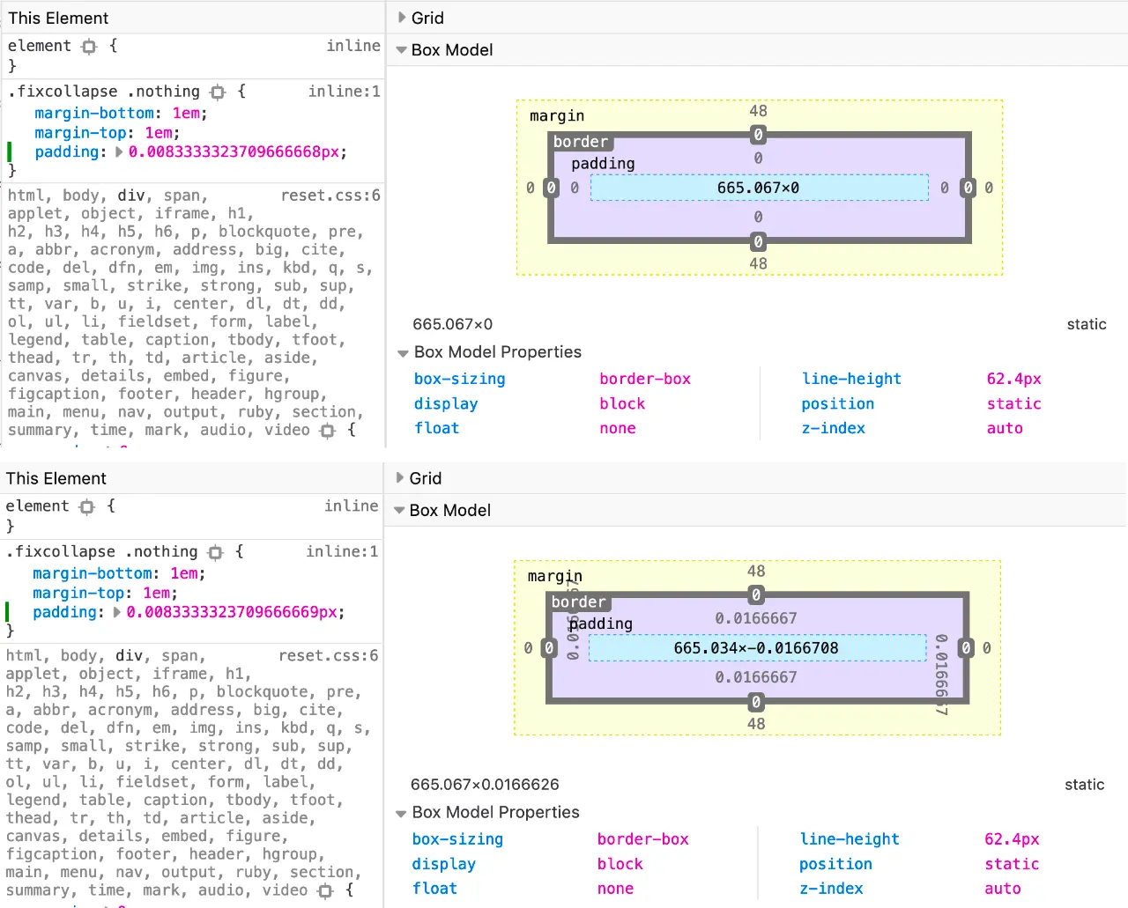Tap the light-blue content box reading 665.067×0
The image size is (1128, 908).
pos(759,188)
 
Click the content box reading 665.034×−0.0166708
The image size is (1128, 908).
pos(756,648)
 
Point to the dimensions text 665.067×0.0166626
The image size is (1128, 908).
pos(485,785)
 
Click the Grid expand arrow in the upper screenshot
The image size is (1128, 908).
pos(402,18)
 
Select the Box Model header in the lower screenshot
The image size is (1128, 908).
pos(449,511)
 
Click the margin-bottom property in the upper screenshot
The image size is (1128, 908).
pos(94,113)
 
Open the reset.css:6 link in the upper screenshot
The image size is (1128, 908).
pos(330,196)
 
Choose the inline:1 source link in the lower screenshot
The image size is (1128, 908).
pos(342,551)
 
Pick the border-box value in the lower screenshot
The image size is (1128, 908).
pos(643,839)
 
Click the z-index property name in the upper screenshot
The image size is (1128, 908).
pos(833,428)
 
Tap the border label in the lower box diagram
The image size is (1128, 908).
pos(578,602)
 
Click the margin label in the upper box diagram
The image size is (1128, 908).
pos(556,115)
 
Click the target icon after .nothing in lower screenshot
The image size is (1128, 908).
pos(216,552)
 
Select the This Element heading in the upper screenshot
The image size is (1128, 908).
pos(58,18)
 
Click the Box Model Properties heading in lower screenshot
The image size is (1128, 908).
pos(495,812)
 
